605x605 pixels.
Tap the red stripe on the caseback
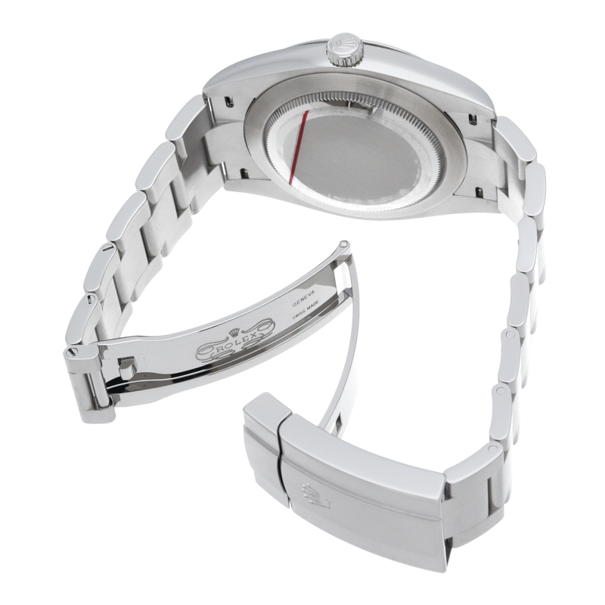coord(298,147)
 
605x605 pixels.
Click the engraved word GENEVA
coord(304,299)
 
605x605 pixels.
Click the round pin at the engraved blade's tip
coord(345,244)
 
